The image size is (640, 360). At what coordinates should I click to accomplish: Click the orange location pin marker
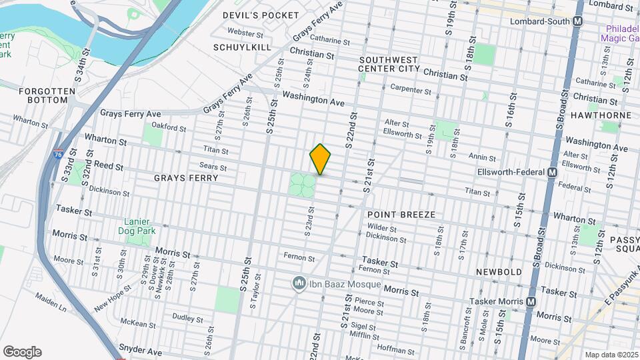(x=320, y=159)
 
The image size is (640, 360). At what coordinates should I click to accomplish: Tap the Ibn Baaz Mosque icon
(x=299, y=284)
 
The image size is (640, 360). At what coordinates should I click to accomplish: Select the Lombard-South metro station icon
(x=578, y=21)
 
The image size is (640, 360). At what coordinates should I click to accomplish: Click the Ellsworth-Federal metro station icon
(x=552, y=173)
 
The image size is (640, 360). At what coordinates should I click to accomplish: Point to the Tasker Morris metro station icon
(x=531, y=301)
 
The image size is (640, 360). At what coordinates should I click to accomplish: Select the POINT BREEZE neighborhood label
(x=401, y=215)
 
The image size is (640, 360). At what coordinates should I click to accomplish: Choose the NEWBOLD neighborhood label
(x=497, y=272)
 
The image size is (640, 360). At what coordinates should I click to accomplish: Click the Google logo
(x=22, y=352)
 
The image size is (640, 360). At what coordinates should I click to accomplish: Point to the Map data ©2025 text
(x=611, y=355)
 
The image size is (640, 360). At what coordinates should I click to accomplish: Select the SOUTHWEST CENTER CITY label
(x=389, y=64)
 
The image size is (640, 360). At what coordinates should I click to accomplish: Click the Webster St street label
(x=241, y=31)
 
